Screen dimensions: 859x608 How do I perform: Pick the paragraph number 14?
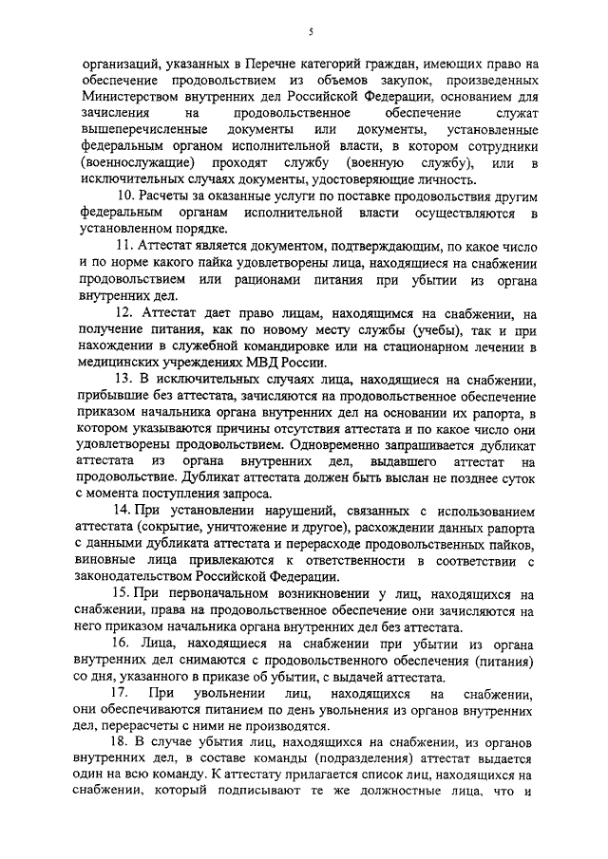click(121, 510)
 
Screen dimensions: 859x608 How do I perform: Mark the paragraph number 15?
click(121, 593)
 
